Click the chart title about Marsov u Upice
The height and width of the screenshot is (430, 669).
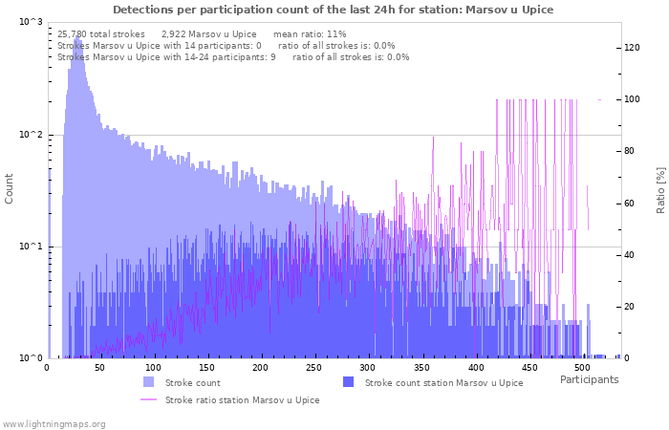pyautogui.click(x=333, y=10)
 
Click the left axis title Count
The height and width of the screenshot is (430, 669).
pyautogui.click(x=10, y=188)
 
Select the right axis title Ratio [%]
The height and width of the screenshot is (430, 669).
pyautogui.click(x=659, y=189)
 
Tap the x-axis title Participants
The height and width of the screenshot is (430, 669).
pyautogui.click(x=589, y=379)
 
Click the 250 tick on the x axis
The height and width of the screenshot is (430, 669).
pyautogui.click(x=314, y=367)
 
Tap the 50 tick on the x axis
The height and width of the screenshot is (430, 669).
pyautogui.click(x=100, y=367)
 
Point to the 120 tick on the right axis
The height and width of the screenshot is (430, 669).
pyautogui.click(x=632, y=48)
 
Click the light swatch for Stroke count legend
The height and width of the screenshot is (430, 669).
pyautogui.click(x=148, y=382)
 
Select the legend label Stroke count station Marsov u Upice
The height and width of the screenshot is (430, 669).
pyautogui.click(x=443, y=383)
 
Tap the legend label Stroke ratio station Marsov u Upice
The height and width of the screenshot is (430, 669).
pyautogui.click(x=242, y=400)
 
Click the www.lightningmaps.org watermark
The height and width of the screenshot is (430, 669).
pyautogui.click(x=54, y=423)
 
